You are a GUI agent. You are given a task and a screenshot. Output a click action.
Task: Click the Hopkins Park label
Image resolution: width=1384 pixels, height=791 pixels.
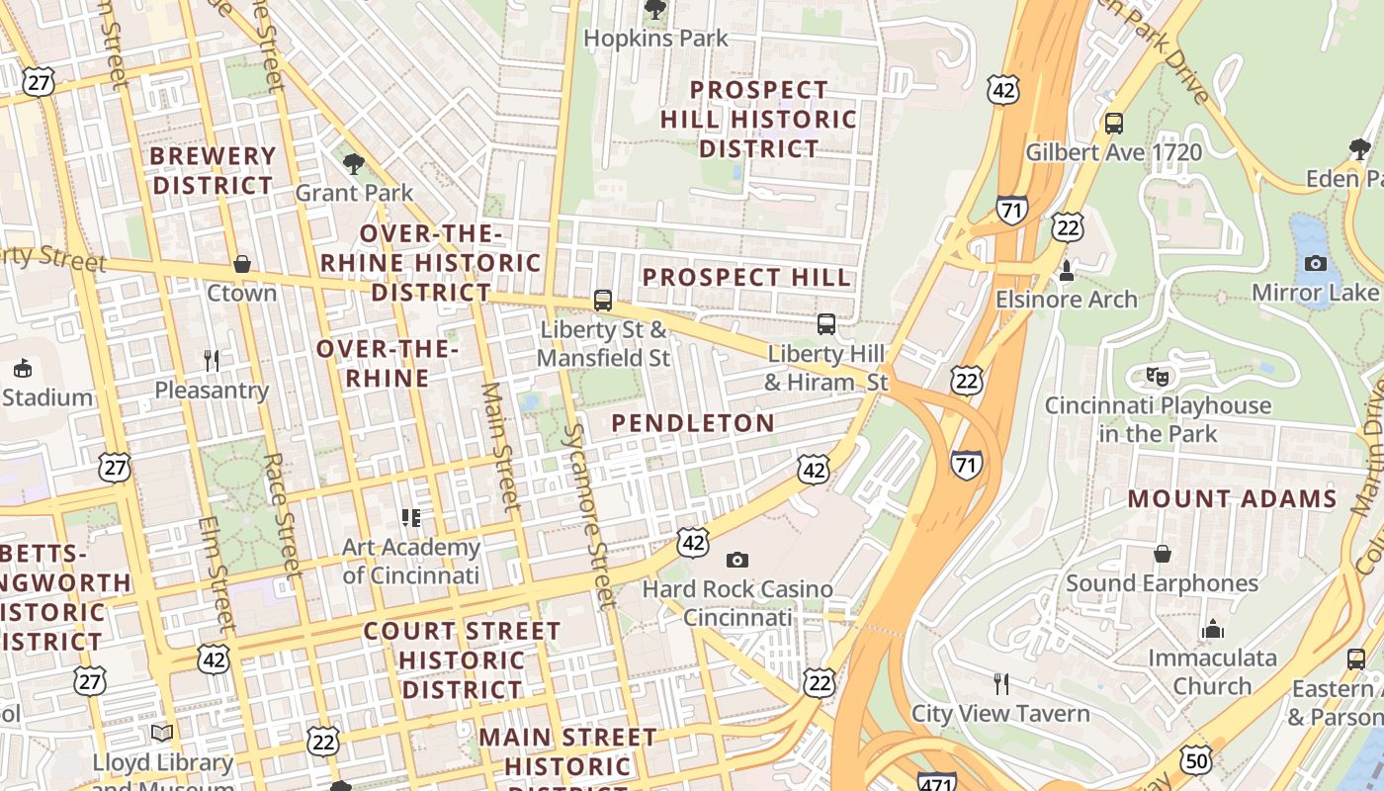pos(655,39)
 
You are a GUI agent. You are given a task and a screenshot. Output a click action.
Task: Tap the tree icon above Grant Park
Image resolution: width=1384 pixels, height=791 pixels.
pos(354,163)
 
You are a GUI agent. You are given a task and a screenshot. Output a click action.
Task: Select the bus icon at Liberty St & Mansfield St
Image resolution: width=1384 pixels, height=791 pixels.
pos(603,300)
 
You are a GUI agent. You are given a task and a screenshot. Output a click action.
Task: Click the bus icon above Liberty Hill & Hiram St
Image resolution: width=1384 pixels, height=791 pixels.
pos(826,323)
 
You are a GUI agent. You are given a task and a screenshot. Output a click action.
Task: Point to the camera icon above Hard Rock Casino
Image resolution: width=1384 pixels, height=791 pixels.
pos(736,561)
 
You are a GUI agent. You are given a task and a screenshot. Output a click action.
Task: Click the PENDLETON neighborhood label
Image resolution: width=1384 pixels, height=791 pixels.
pos(693,423)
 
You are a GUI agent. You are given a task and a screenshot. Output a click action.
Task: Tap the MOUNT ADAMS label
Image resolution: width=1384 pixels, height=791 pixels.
pos(1232,498)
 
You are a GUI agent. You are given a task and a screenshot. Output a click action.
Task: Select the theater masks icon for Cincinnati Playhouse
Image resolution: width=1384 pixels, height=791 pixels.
pos(1157,376)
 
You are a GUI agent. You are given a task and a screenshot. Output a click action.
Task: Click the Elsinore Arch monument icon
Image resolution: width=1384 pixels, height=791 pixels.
pos(1066,269)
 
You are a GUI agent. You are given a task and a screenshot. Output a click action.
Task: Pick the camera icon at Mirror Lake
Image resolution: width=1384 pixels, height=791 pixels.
pos(1315,263)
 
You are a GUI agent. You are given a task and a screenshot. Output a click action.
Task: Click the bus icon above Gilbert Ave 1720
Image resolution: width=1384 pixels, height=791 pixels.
pos(1114,124)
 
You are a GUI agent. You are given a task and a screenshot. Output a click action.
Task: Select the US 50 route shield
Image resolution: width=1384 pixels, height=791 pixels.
pos(1196,758)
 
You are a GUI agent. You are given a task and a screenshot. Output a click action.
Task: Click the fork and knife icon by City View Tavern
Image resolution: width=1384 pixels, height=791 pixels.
pos(1000,683)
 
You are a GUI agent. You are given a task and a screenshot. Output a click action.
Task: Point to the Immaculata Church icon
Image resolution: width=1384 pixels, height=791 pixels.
pos(1212,629)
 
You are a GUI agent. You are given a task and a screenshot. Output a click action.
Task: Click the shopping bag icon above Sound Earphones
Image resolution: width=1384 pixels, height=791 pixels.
pos(1163,554)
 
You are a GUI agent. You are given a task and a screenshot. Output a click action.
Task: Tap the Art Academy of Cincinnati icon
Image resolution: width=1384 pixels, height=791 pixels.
pos(411,517)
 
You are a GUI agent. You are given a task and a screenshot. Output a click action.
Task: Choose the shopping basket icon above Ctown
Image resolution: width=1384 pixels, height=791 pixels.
pos(242,264)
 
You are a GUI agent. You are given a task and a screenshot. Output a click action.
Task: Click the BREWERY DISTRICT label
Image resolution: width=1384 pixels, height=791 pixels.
pos(213,171)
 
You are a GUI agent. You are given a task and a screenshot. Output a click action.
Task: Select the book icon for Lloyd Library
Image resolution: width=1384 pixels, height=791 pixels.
pos(162,733)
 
